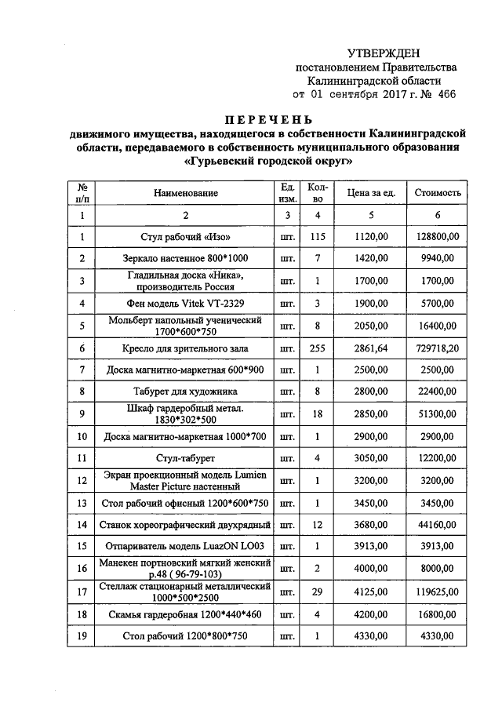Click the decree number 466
tap(443, 95)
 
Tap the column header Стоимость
tap(438, 193)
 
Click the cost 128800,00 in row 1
tap(438, 236)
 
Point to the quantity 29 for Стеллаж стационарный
tap(318, 590)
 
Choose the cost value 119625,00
tap(438, 590)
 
